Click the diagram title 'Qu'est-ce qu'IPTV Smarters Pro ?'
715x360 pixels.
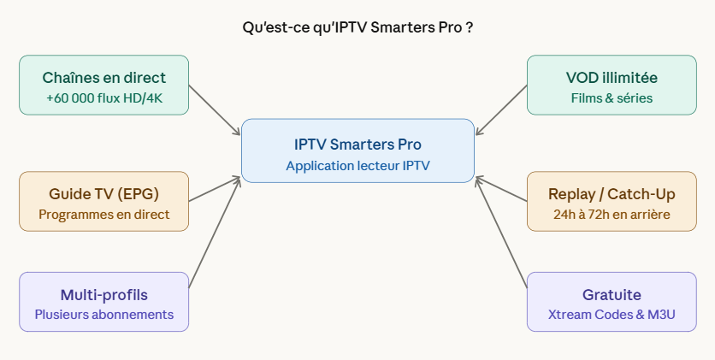(357, 27)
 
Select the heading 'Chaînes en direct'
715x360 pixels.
(103, 78)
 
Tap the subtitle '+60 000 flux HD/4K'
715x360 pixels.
(103, 97)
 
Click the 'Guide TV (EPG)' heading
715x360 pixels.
(103, 193)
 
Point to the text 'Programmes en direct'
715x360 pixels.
(103, 214)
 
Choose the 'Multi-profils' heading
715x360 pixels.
(103, 294)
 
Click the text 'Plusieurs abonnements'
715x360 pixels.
(103, 314)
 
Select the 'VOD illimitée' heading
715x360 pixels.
(612, 78)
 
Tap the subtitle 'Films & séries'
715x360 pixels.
(612, 97)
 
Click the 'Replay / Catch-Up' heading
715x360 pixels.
(612, 193)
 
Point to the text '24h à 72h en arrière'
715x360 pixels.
(612, 214)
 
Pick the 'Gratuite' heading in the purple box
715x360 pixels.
(612, 294)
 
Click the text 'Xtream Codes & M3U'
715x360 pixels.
(612, 314)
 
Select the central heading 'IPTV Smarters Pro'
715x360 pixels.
(357, 144)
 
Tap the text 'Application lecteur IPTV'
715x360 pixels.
(357, 165)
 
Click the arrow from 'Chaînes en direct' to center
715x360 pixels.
(215, 109)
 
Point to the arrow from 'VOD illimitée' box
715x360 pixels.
(501, 109)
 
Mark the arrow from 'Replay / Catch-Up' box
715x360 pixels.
(501, 190)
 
